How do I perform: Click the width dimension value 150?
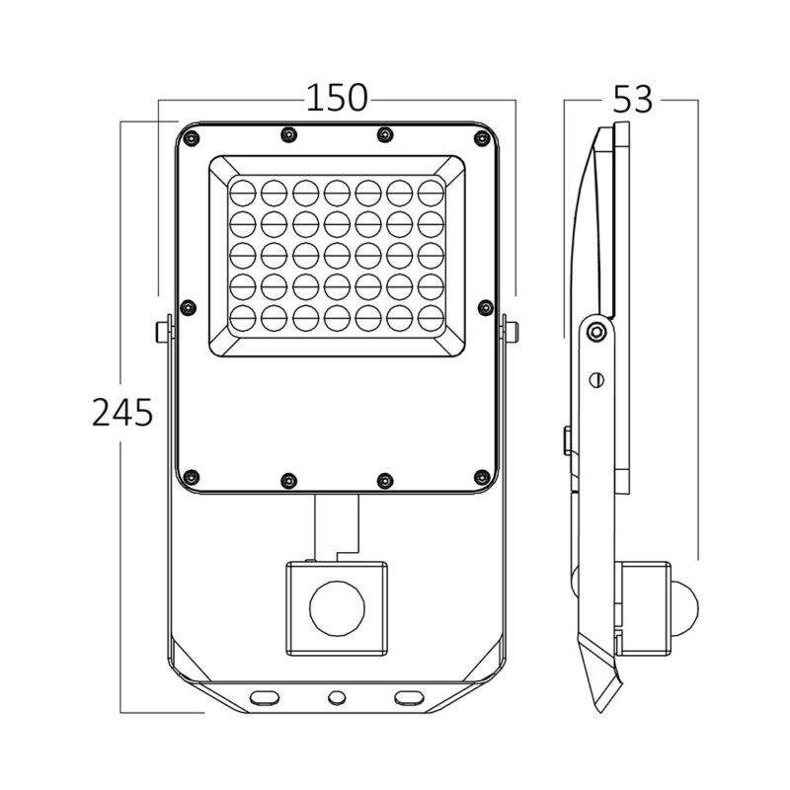(336, 99)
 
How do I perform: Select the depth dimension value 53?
(633, 99)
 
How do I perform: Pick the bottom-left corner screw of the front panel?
(192, 476)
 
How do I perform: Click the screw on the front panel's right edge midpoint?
(483, 308)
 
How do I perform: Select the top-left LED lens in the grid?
(244, 187)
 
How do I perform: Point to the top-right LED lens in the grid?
(431, 187)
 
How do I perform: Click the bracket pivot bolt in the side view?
(592, 332)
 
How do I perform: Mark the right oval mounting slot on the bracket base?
(407, 697)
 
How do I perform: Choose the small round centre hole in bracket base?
(337, 697)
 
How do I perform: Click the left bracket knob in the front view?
(161, 330)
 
